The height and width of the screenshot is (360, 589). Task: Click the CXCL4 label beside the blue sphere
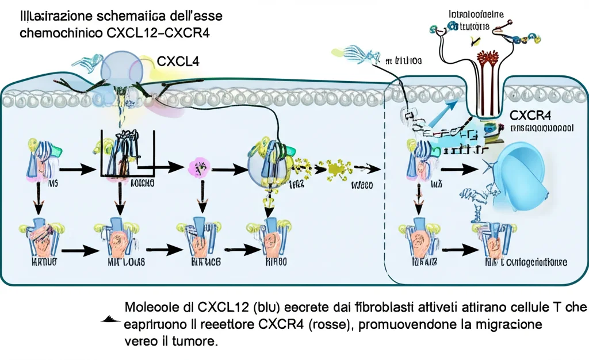(x=178, y=62)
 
